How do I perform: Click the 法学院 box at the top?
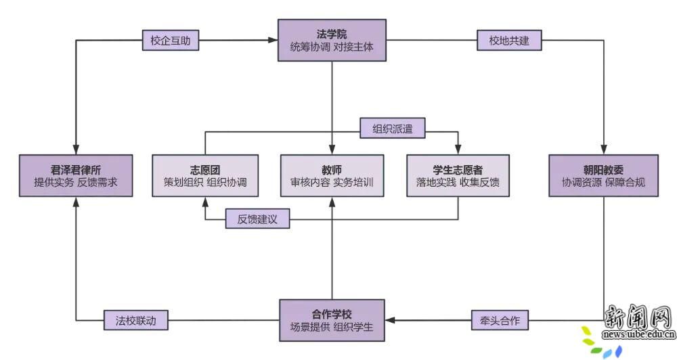(332, 41)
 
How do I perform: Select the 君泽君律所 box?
(74, 176)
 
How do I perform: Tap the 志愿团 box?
(205, 176)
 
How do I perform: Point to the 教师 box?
(332, 176)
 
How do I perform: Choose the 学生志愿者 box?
(458, 176)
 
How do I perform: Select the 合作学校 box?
(332, 320)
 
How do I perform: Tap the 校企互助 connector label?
(171, 41)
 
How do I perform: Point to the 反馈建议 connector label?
(257, 220)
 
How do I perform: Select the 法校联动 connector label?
(135, 320)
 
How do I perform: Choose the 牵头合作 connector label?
(500, 320)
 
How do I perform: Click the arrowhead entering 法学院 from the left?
(274, 41)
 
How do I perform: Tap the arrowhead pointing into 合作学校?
(390, 320)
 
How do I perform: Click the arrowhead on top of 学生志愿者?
(458, 150)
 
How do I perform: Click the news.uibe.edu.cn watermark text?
(638, 334)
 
